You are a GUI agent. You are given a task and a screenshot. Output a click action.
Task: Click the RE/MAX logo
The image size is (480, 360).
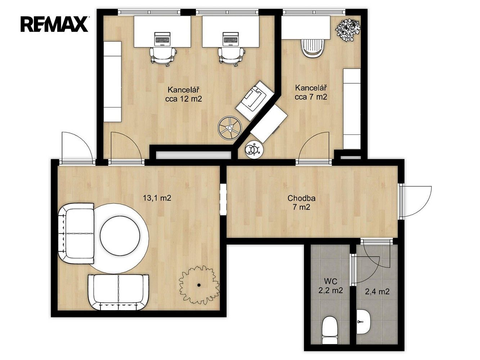(54, 24)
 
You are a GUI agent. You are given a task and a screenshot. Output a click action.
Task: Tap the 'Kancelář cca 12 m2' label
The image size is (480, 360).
(184, 94)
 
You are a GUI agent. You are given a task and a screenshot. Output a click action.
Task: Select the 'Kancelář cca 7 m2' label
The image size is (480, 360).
(311, 93)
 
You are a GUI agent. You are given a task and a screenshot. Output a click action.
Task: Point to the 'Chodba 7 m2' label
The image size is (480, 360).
(301, 202)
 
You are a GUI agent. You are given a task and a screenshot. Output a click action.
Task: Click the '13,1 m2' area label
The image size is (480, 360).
(157, 198)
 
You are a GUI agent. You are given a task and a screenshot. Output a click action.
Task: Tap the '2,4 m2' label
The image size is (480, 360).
(377, 291)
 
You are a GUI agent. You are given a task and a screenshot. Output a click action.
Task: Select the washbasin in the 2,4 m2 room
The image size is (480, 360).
(364, 321)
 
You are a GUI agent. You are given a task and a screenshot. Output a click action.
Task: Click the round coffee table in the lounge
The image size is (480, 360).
(120, 236)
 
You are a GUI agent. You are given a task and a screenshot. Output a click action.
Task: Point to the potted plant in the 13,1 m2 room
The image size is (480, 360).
(199, 285)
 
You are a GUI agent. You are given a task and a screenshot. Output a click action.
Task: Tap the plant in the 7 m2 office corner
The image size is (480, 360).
(348, 30)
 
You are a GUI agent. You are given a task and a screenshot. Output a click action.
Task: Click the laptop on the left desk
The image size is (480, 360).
(162, 39)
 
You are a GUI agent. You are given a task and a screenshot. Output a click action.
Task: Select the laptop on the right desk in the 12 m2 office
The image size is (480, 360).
(231, 39)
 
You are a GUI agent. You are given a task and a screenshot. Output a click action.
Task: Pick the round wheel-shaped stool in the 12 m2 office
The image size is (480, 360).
(230, 127)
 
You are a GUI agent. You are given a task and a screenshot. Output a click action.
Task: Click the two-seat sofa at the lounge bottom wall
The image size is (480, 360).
(118, 292)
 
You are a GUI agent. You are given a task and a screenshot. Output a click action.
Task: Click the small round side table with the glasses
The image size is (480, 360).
(254, 149)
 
